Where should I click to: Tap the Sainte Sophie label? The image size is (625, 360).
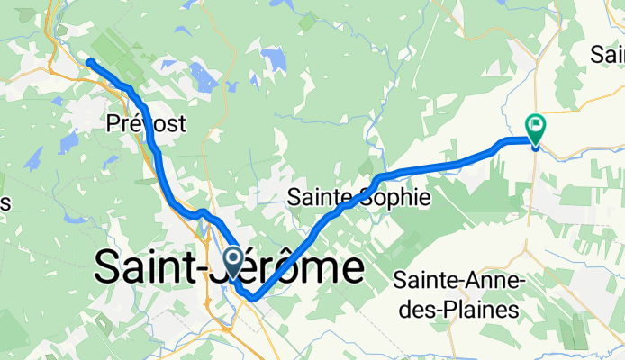(x=354, y=197)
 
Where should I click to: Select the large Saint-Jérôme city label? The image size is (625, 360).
(x=229, y=267)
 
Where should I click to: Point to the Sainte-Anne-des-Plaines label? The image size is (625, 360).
(x=459, y=295)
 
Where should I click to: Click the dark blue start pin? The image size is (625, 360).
(x=232, y=263)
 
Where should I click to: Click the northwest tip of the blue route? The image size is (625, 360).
(x=89, y=61)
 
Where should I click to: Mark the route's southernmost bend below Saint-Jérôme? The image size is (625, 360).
(x=254, y=297)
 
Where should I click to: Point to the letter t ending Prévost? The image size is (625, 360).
(x=182, y=124)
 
